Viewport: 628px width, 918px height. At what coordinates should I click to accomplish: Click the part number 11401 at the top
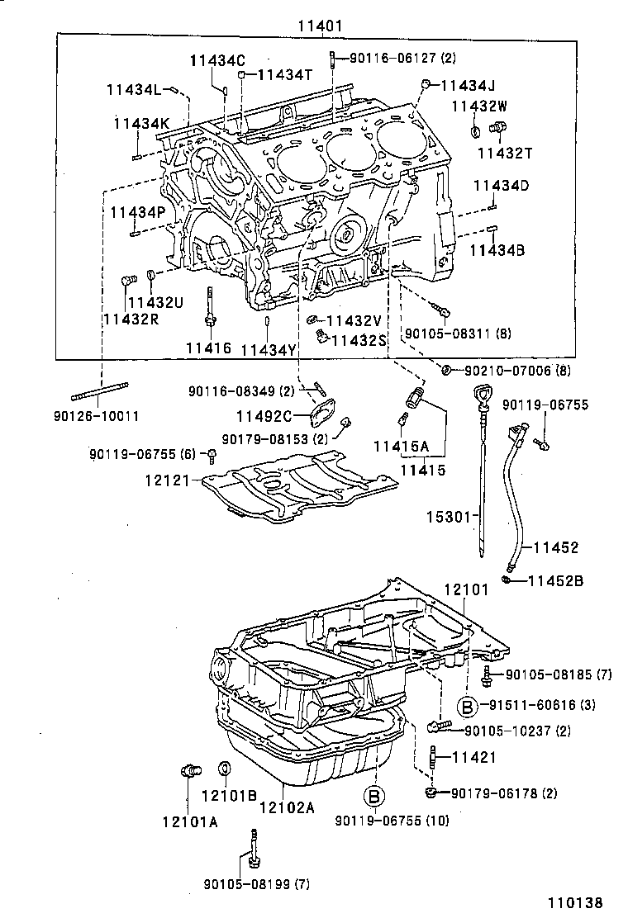pos(321,26)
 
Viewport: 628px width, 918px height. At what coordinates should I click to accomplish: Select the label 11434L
pos(137,89)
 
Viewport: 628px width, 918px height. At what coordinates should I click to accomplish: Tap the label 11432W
pos(478,106)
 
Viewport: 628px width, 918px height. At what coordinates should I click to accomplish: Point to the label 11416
pos(207,348)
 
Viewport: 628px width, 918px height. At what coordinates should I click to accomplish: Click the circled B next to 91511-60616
pos(468,705)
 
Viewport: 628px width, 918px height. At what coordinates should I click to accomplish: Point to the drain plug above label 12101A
pos(189,771)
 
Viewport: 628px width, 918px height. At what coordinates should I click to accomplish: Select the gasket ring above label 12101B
pos(224,770)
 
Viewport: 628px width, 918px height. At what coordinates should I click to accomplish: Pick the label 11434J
pos(468,85)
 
